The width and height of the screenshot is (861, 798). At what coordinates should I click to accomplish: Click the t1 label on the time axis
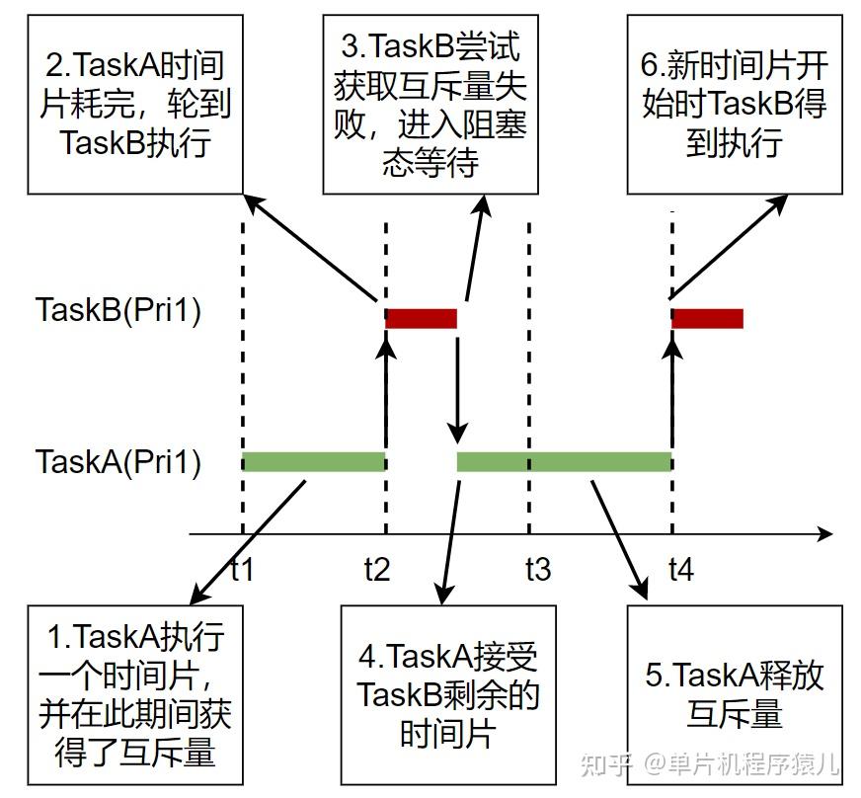click(x=242, y=569)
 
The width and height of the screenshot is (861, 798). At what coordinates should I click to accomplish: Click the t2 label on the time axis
click(x=376, y=569)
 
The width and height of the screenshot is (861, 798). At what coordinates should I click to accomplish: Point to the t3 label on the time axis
click(x=537, y=569)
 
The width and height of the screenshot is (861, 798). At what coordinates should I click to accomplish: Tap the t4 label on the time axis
click(x=680, y=569)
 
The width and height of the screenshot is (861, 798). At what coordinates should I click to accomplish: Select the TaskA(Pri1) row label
click(x=118, y=461)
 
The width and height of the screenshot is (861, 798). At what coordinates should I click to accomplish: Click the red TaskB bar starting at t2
click(x=421, y=318)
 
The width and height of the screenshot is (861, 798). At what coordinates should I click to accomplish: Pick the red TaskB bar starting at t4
click(x=707, y=318)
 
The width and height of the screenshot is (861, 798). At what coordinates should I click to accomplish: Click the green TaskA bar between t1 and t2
click(x=313, y=461)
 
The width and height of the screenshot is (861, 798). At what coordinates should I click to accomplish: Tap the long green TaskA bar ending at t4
click(x=564, y=461)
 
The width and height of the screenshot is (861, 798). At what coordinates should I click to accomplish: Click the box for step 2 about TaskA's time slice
click(x=135, y=104)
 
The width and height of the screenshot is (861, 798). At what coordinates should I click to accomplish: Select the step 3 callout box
click(x=430, y=104)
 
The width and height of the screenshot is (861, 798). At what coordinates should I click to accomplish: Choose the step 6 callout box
click(x=734, y=104)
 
